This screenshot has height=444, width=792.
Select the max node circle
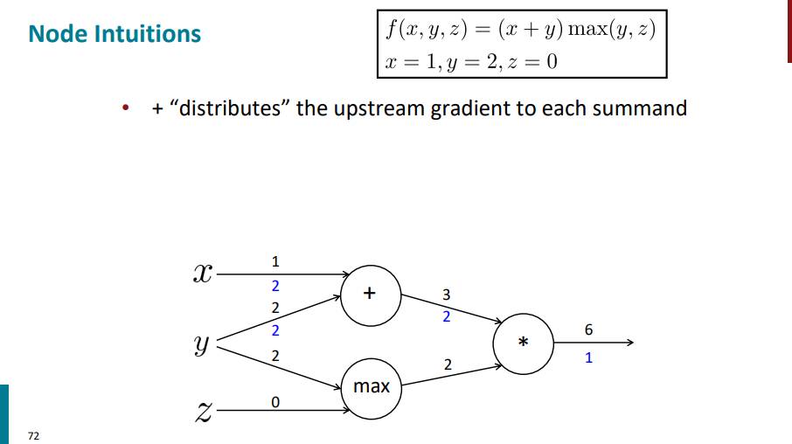[371, 385]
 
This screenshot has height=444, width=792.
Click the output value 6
[588, 330]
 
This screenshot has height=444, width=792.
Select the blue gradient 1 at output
[588, 357]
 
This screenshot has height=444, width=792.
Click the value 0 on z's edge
[274, 403]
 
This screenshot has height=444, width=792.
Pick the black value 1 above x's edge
[275, 260]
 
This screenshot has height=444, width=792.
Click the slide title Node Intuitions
[115, 34]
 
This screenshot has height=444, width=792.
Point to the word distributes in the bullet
[232, 109]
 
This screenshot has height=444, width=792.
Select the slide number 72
[33, 434]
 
